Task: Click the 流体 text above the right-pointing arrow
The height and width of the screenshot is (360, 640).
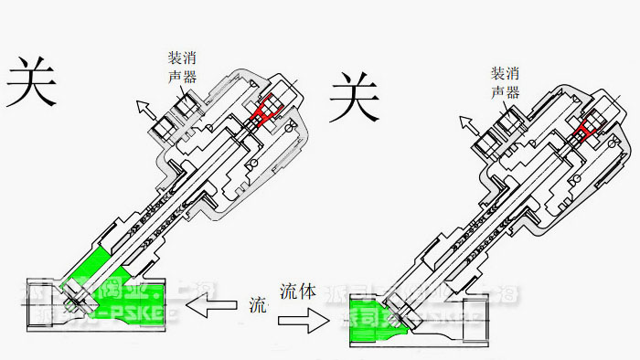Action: tap(298, 292)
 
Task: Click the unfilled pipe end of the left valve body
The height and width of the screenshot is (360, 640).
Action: tap(37, 297)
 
